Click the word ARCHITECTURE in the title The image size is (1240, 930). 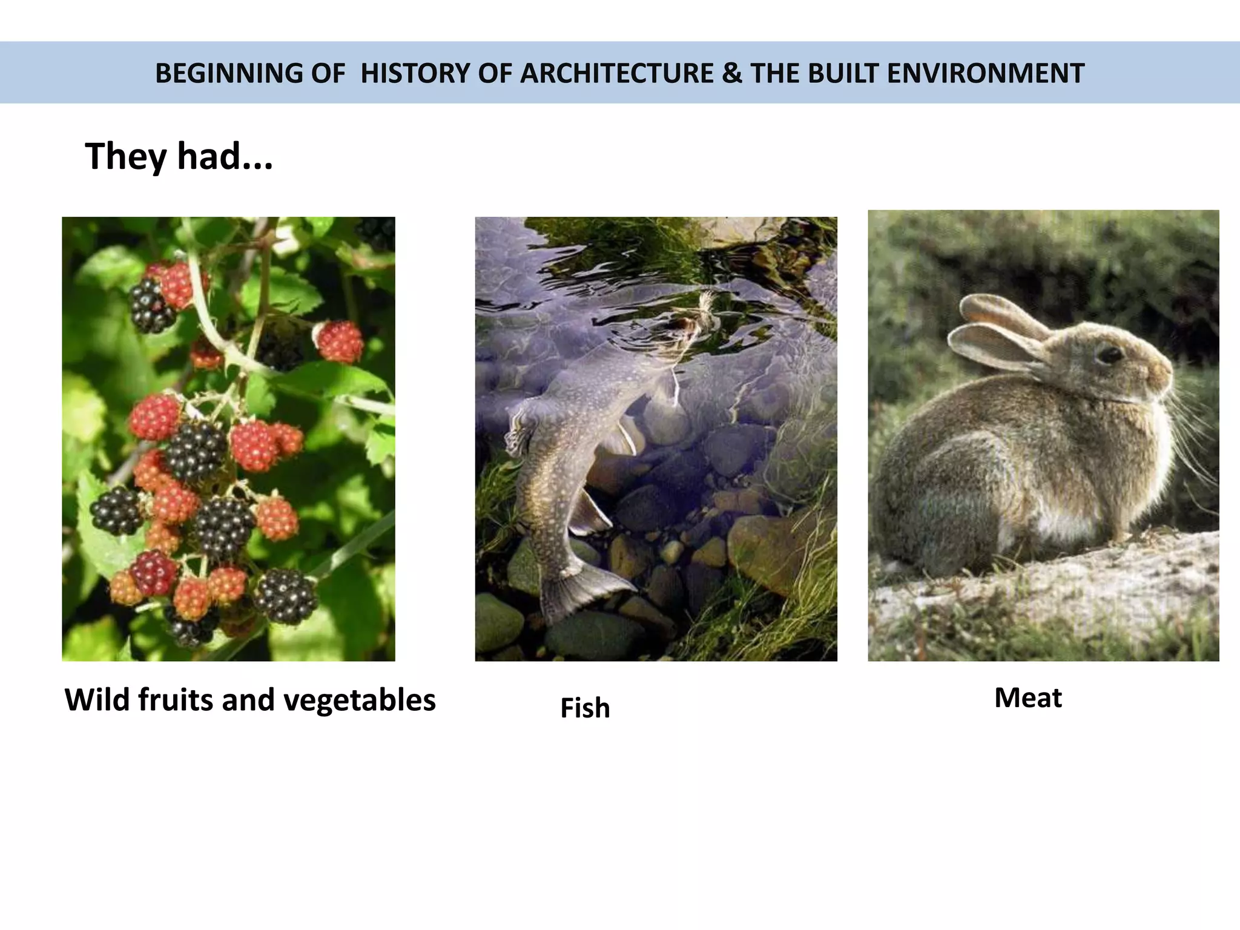[x=617, y=73]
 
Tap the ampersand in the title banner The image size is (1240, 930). [x=731, y=73]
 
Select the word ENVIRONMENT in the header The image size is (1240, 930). [x=985, y=73]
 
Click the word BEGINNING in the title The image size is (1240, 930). [x=228, y=73]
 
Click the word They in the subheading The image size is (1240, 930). [x=125, y=156]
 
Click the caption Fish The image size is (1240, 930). [x=585, y=708]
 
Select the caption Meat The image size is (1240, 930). [x=1027, y=697]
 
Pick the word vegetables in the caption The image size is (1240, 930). [x=360, y=700]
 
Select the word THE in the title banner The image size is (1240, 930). [x=776, y=73]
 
